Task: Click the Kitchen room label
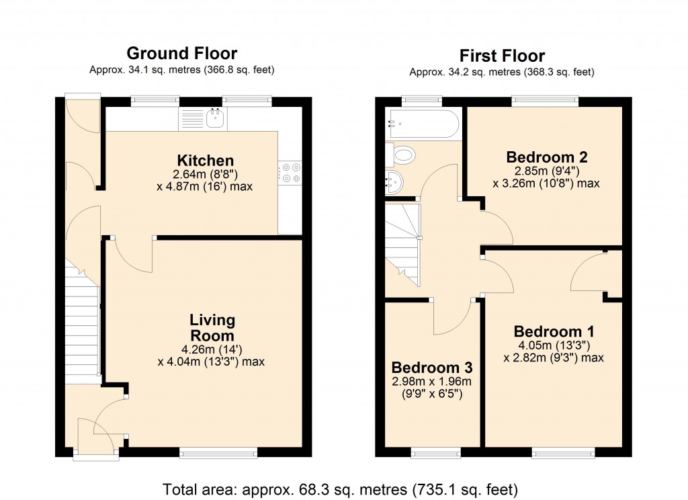point(206,161)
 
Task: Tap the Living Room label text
point(212,328)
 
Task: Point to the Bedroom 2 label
point(547,157)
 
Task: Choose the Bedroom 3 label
point(432,368)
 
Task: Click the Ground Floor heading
point(181,53)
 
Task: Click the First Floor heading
point(502,55)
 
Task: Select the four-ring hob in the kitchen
point(290,173)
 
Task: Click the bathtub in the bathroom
point(423,124)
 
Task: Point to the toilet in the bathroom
point(402,157)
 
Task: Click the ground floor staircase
point(82,323)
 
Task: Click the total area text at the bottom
point(340,489)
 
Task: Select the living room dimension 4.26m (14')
point(212,349)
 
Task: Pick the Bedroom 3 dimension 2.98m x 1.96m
point(432,382)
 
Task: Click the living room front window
point(218,454)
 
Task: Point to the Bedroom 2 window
point(545,101)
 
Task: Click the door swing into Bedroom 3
point(451,316)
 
